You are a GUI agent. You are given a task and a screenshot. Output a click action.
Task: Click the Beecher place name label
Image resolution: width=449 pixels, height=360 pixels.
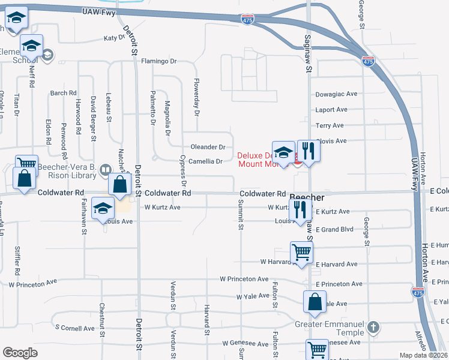(307, 197)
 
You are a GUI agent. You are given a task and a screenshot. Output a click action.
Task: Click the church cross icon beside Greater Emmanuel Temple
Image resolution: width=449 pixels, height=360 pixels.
(373, 328)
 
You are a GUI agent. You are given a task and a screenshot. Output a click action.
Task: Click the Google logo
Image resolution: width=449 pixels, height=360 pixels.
(20, 353)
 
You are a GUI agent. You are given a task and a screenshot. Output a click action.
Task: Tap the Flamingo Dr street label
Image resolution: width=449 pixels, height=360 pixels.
(159, 61)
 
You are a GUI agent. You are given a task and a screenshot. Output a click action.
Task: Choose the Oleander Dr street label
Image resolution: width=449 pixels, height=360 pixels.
(208, 147)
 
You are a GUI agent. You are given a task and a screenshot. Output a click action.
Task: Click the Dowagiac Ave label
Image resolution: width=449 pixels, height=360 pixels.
(336, 94)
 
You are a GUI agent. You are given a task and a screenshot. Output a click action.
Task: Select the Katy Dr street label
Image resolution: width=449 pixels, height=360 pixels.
(113, 38)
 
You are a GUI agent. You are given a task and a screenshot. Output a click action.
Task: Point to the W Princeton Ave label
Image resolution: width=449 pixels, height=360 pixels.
(244, 279)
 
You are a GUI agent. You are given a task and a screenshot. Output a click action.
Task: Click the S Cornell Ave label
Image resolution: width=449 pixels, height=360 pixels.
(75, 328)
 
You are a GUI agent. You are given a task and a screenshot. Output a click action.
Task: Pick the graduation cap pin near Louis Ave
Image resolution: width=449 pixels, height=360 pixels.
(103, 209)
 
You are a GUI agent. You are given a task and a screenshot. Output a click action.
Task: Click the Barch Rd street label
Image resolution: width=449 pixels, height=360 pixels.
(64, 93)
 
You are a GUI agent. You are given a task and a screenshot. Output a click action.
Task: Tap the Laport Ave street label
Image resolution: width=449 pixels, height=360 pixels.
(332, 110)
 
